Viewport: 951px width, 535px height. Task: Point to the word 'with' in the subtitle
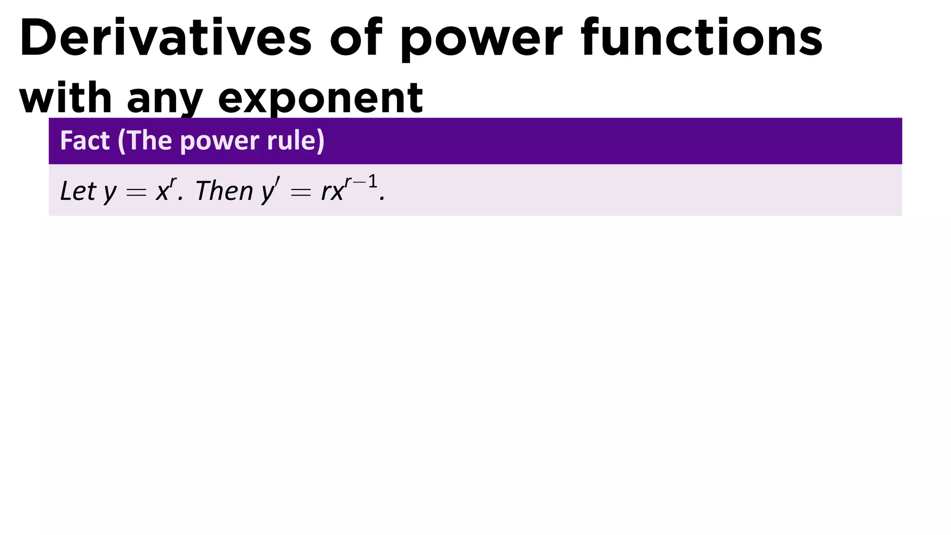point(65,98)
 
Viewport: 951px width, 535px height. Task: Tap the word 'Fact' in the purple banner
point(85,140)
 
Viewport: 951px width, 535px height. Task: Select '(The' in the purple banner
point(145,140)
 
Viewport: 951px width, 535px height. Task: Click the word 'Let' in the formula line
point(78,191)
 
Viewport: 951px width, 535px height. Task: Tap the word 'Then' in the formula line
point(224,191)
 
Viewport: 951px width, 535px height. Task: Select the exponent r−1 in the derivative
point(361,182)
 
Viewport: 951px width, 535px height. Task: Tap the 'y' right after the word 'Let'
point(110,193)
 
